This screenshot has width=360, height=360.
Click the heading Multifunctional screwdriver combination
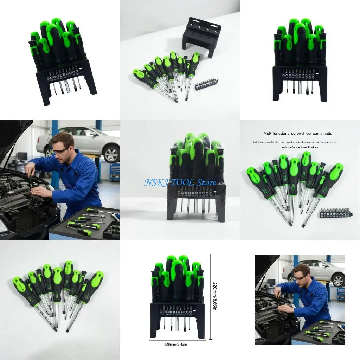pos(299,134)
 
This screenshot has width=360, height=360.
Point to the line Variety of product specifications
pos(300,147)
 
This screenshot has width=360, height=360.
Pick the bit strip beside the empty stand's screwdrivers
pos(206,84)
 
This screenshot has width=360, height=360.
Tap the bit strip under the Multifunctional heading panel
pos(335,213)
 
